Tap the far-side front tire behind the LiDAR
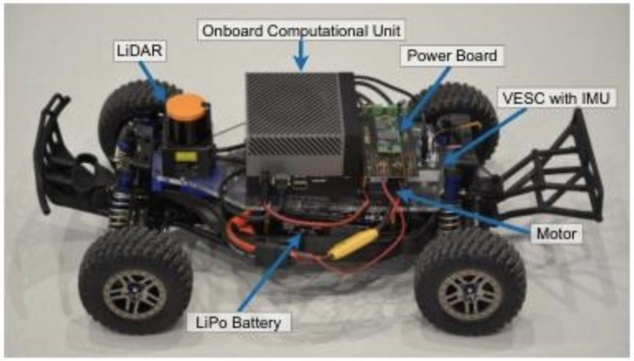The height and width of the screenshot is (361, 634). [x=124, y=111]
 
